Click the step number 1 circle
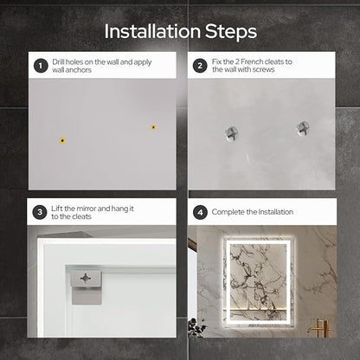pos(41,66)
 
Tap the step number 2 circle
pos(200,66)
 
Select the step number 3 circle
pos(40,212)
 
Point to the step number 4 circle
pos(200,212)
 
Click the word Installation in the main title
pos(152,31)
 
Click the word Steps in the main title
pos(231,31)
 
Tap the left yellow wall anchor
pos(62,140)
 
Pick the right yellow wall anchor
pos(153,127)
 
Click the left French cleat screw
pos(231,133)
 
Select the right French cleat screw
pos(303,128)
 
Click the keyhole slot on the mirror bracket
pos(86,279)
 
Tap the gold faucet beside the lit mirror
pos(319,328)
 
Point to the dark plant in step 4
pos(197,328)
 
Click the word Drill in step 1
pos(58,62)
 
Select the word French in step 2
pos(252,61)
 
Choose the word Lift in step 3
pos(57,209)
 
